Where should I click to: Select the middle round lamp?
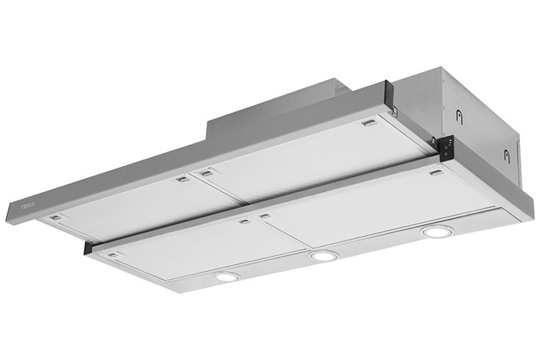point(324,255)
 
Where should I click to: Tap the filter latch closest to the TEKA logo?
point(55,218)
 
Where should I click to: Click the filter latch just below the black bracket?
point(437,173)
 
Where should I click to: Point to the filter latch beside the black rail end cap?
point(113,254)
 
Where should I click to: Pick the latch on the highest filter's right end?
point(370,123)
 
